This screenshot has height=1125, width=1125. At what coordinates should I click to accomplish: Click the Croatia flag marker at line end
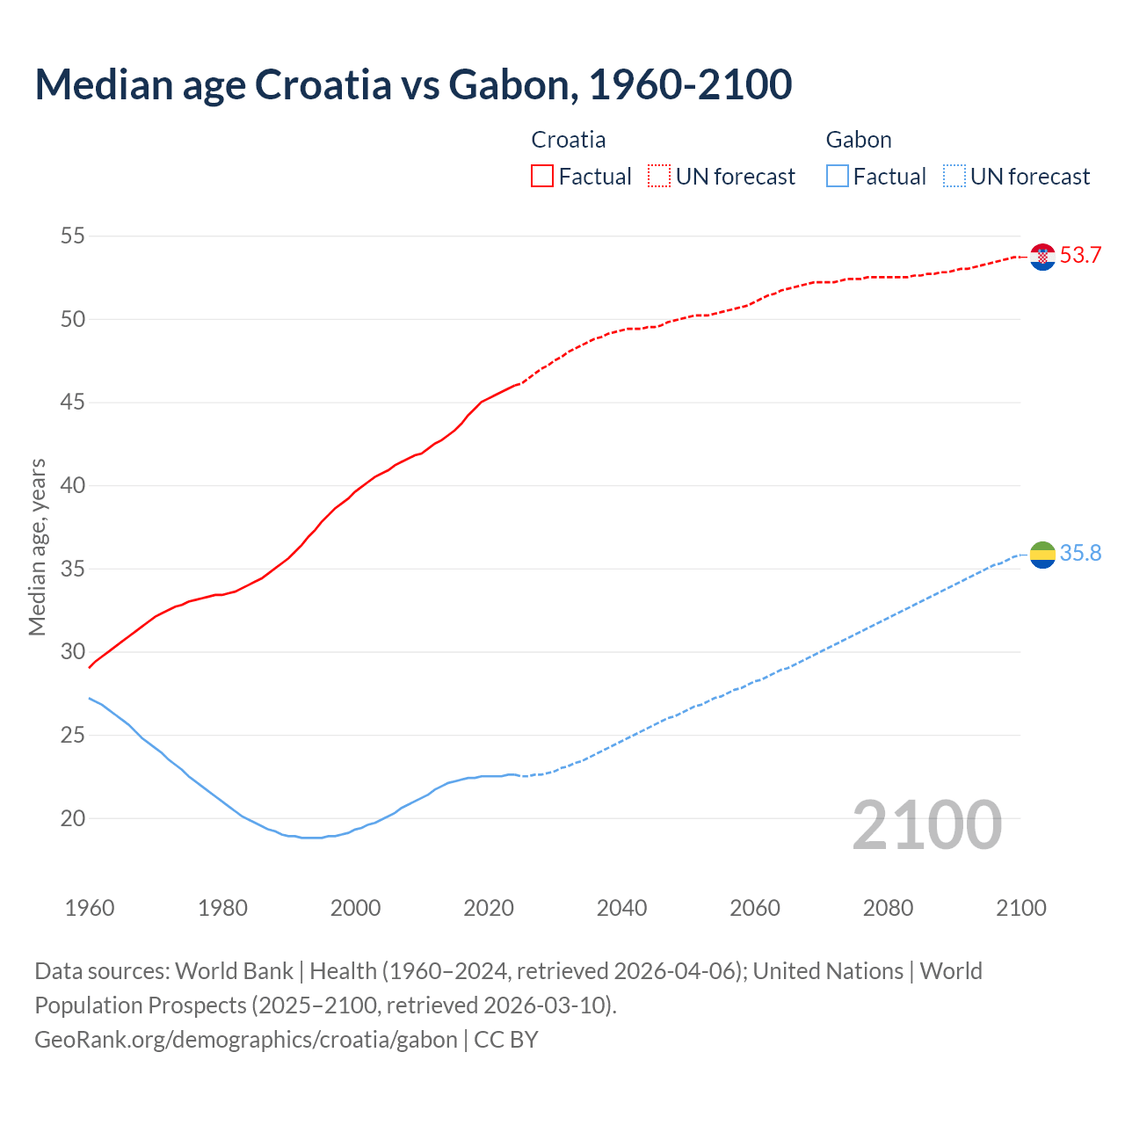pos(1042,257)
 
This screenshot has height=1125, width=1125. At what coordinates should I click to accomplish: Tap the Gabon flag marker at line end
pos(1042,555)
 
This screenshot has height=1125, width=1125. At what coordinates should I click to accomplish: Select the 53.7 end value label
pos(1080,256)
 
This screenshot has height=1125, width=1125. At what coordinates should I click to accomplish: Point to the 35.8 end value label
pos(1080,554)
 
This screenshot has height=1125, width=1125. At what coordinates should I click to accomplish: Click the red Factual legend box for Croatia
pos(542,177)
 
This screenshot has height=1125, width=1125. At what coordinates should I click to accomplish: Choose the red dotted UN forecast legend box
pos(659,177)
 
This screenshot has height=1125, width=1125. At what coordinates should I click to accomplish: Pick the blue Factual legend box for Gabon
pos(838,177)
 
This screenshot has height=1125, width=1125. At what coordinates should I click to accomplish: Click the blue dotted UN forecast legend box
pos(954,177)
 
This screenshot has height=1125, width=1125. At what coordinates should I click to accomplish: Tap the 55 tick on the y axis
pos(73,236)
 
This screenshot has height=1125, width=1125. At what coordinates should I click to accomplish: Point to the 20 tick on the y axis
pos(73,818)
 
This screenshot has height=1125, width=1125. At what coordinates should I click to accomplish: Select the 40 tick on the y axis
pos(73,485)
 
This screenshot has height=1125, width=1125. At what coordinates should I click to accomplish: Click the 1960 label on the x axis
pos(90,908)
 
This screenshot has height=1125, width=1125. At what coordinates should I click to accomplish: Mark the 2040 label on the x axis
pos(621,908)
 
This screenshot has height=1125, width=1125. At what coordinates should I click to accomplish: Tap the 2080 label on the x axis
pos(888,908)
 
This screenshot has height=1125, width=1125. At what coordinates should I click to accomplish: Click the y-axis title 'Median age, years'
pos(37,547)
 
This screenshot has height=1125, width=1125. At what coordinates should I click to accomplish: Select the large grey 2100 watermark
pos(926,825)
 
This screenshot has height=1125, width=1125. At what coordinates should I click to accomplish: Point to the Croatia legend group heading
pos(569,140)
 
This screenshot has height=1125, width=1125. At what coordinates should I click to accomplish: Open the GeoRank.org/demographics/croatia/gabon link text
pos(246,1040)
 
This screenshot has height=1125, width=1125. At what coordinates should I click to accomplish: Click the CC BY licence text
pos(506,1040)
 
